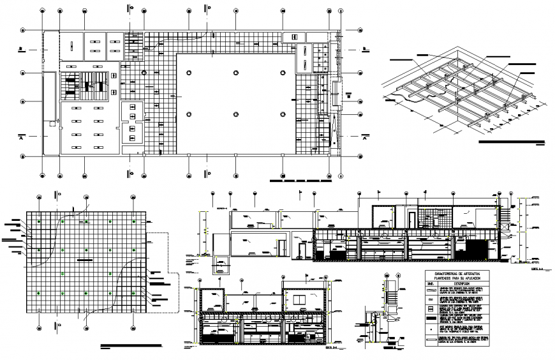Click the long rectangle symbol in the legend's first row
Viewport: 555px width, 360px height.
431,290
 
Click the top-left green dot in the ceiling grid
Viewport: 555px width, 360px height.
39,221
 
